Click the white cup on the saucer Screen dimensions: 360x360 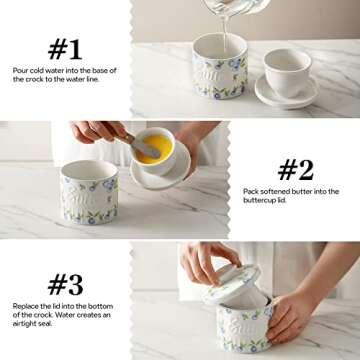(x=286, y=71)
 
